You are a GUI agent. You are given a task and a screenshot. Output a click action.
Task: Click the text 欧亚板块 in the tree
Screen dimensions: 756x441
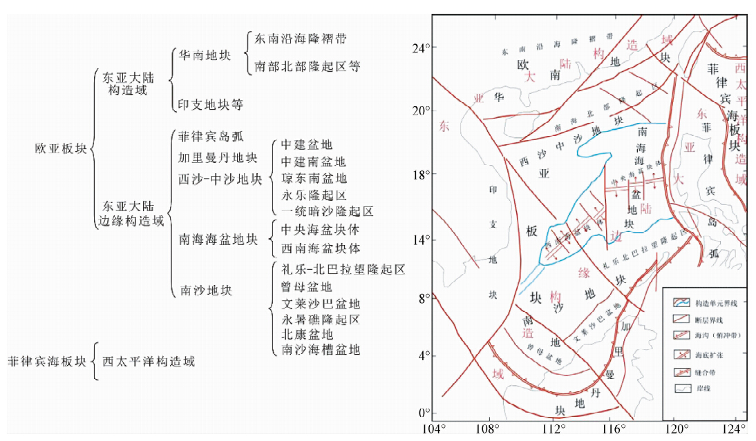(62, 148)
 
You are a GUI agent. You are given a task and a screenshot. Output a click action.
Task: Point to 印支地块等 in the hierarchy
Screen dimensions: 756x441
(210, 104)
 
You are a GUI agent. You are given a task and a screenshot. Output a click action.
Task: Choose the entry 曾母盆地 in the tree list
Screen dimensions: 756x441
(307, 287)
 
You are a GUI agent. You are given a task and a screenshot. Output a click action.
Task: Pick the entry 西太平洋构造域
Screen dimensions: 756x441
(149, 361)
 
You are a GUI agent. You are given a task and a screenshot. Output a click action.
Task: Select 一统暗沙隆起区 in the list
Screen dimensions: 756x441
(327, 211)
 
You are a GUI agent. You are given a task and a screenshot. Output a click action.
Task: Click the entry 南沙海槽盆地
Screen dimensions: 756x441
(321, 350)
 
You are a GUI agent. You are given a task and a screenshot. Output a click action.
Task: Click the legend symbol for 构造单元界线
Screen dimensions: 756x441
(682, 303)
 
